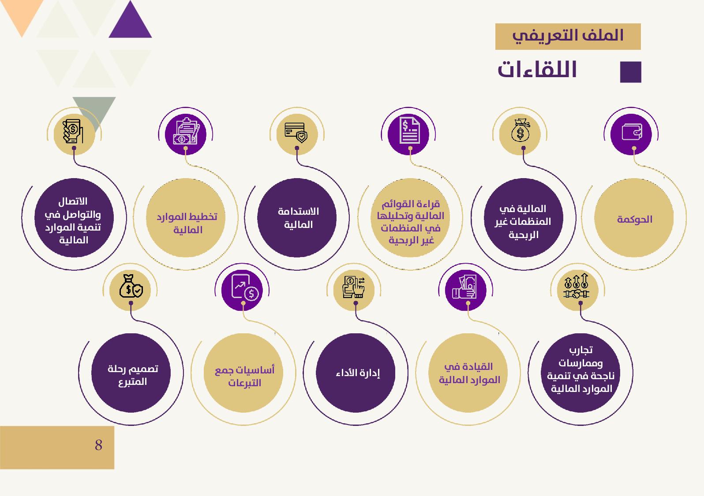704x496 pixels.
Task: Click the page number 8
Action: (98, 445)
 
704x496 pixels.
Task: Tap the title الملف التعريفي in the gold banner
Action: (568, 36)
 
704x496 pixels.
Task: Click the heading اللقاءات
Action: (537, 69)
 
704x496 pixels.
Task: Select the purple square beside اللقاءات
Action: (630, 72)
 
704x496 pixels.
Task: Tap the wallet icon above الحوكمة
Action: (632, 132)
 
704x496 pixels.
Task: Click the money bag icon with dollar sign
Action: (521, 130)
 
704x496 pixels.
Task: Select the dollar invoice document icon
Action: (409, 131)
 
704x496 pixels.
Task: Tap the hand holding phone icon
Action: (73, 131)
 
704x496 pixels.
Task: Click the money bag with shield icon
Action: (131, 286)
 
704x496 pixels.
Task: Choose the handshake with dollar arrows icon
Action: (577, 286)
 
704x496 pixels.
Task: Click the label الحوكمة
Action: (635, 219)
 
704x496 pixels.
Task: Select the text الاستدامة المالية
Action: (298, 218)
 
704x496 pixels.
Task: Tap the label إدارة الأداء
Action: (358, 373)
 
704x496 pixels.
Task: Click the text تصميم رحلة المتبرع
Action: (133, 375)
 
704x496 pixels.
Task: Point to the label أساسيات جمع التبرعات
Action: (244, 377)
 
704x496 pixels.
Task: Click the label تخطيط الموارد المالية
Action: (187, 223)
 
